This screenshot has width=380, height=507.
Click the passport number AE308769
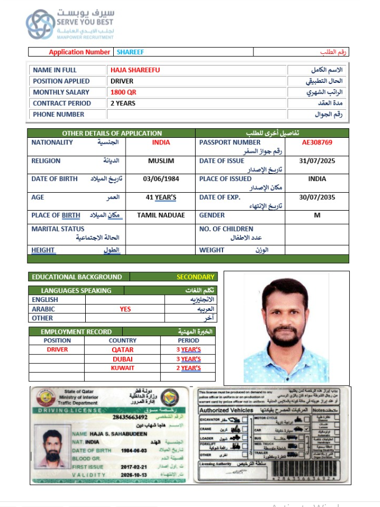point(317,142)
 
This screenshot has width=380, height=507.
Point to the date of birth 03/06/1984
point(161,179)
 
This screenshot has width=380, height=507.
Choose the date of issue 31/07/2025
point(317,161)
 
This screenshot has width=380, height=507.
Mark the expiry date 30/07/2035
point(317,197)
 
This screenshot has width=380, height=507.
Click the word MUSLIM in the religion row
point(161,161)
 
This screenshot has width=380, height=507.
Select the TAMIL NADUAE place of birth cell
point(161,215)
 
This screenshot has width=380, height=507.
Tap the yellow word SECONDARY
point(196,277)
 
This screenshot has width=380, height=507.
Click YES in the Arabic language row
point(125,309)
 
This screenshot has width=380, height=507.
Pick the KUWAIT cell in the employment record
point(123,368)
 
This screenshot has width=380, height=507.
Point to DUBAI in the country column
point(123,359)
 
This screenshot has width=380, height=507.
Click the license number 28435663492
point(130,417)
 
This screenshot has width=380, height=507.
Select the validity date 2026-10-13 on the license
point(133,475)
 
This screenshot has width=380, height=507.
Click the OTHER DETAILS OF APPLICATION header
point(112,133)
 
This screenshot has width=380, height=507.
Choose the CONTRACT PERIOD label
point(62,104)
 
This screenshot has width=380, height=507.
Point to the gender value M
point(317,215)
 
